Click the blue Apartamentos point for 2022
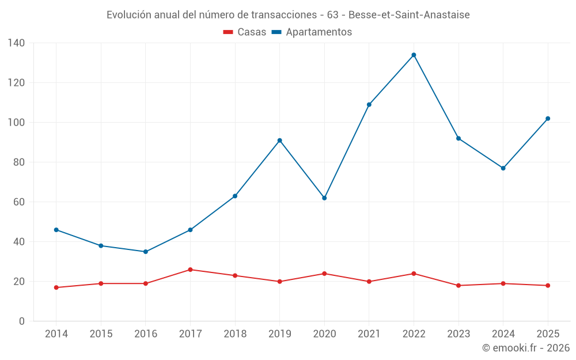pyautogui.click(x=414, y=55)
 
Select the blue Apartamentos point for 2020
pyautogui.click(x=324, y=198)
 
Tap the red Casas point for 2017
pyautogui.click(x=190, y=270)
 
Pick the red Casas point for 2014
pyautogui.click(x=56, y=287)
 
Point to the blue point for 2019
pyautogui.click(x=279, y=141)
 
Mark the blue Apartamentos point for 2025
pyautogui.click(x=548, y=119)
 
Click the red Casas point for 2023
pyautogui.click(x=458, y=286)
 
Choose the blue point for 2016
pyautogui.click(x=146, y=252)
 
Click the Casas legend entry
pyautogui.click(x=245, y=32)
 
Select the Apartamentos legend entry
pyautogui.click(x=312, y=32)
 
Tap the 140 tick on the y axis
pyautogui.click(x=16, y=43)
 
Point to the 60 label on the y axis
pyautogui.click(x=19, y=202)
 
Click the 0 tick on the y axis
pyautogui.click(x=22, y=321)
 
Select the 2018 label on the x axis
pyautogui.click(x=235, y=334)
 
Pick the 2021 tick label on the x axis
pyautogui.click(x=369, y=334)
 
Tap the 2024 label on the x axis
pyautogui.click(x=503, y=334)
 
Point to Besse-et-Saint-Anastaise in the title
pyautogui.click(x=409, y=15)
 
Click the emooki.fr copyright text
pyautogui.click(x=526, y=347)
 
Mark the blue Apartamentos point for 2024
pyautogui.click(x=503, y=168)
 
